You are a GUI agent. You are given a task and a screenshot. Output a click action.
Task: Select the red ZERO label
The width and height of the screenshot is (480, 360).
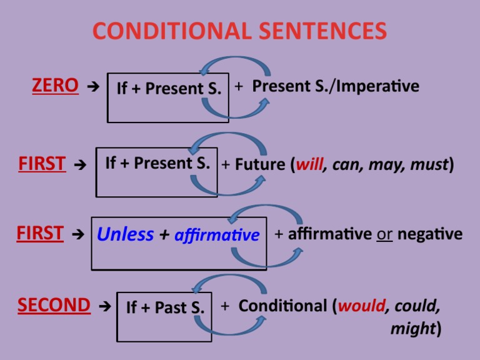(56, 86)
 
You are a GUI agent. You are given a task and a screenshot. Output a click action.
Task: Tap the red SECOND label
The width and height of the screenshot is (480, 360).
(54, 305)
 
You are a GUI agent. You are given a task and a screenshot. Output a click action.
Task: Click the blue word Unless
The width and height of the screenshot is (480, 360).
(126, 234)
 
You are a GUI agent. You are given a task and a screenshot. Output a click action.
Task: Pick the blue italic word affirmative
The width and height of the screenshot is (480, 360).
(217, 236)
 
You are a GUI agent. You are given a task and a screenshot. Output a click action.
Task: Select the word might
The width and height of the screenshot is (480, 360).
(413, 328)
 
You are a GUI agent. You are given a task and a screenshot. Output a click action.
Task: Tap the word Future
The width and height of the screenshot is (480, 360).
(259, 164)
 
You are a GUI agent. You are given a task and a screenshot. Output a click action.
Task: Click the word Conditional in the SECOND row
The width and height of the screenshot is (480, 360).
(282, 306)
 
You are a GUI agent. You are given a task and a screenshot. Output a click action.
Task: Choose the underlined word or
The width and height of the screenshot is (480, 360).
(384, 234)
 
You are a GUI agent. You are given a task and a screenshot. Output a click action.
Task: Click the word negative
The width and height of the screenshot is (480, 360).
(430, 234)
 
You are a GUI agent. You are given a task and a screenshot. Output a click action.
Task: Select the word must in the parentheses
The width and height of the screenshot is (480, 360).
(429, 164)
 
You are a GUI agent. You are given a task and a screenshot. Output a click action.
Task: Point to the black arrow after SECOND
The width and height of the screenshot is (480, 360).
(105, 306)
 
